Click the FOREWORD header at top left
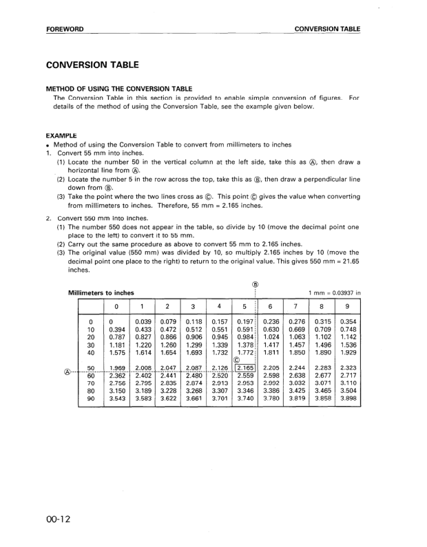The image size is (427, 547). coord(65,30)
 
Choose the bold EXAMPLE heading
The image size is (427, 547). coord(61,136)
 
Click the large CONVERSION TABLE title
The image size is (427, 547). coord(92,65)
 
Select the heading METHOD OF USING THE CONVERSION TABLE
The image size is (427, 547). coord(118,89)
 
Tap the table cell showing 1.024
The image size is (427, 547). coord(271,337)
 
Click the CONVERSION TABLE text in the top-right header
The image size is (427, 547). coord(327,30)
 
